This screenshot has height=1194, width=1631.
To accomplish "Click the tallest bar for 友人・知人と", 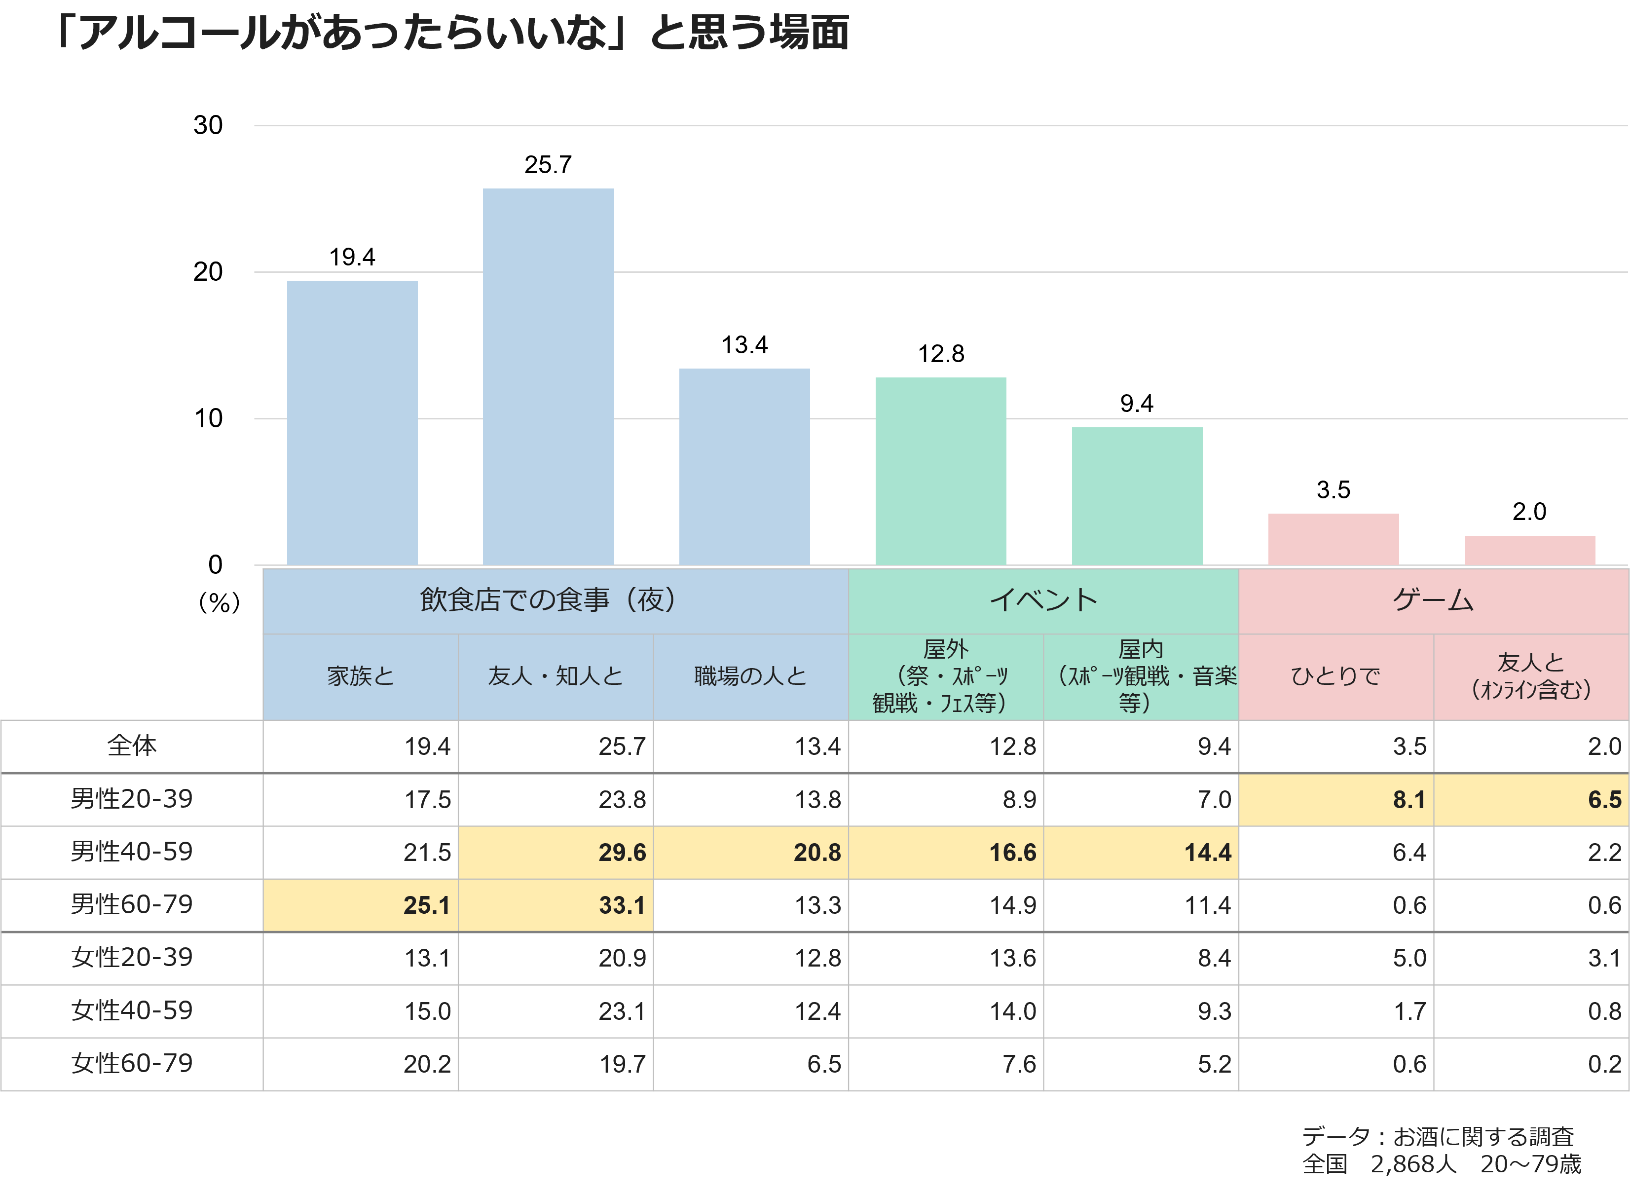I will pyautogui.click(x=548, y=376).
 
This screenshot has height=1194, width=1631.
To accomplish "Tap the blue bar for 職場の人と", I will pyautogui.click(x=744, y=466).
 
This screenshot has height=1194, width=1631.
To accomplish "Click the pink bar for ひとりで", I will pyautogui.click(x=1334, y=538).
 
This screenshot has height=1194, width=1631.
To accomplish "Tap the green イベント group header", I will pyautogui.click(x=1043, y=600).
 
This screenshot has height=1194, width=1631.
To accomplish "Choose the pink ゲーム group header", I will pyautogui.click(x=1433, y=600).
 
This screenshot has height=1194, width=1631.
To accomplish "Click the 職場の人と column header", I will pyautogui.click(x=750, y=676).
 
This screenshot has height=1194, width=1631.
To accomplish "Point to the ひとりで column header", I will pyautogui.click(x=1335, y=676).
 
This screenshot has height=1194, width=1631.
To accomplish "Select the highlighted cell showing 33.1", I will pyautogui.click(x=555, y=905).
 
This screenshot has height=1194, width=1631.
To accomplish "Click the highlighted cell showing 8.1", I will pyautogui.click(x=1335, y=799).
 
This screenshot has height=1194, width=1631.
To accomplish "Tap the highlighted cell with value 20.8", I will pyautogui.click(x=750, y=852).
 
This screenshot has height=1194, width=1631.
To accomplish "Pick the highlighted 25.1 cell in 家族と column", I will pyautogui.click(x=360, y=905).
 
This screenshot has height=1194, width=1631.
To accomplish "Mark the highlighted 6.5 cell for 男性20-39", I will pyautogui.click(x=1530, y=799).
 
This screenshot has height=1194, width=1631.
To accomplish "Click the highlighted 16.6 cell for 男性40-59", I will pyautogui.click(x=945, y=852).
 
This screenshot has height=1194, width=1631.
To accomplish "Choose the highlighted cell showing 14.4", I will pyautogui.click(x=1140, y=852).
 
